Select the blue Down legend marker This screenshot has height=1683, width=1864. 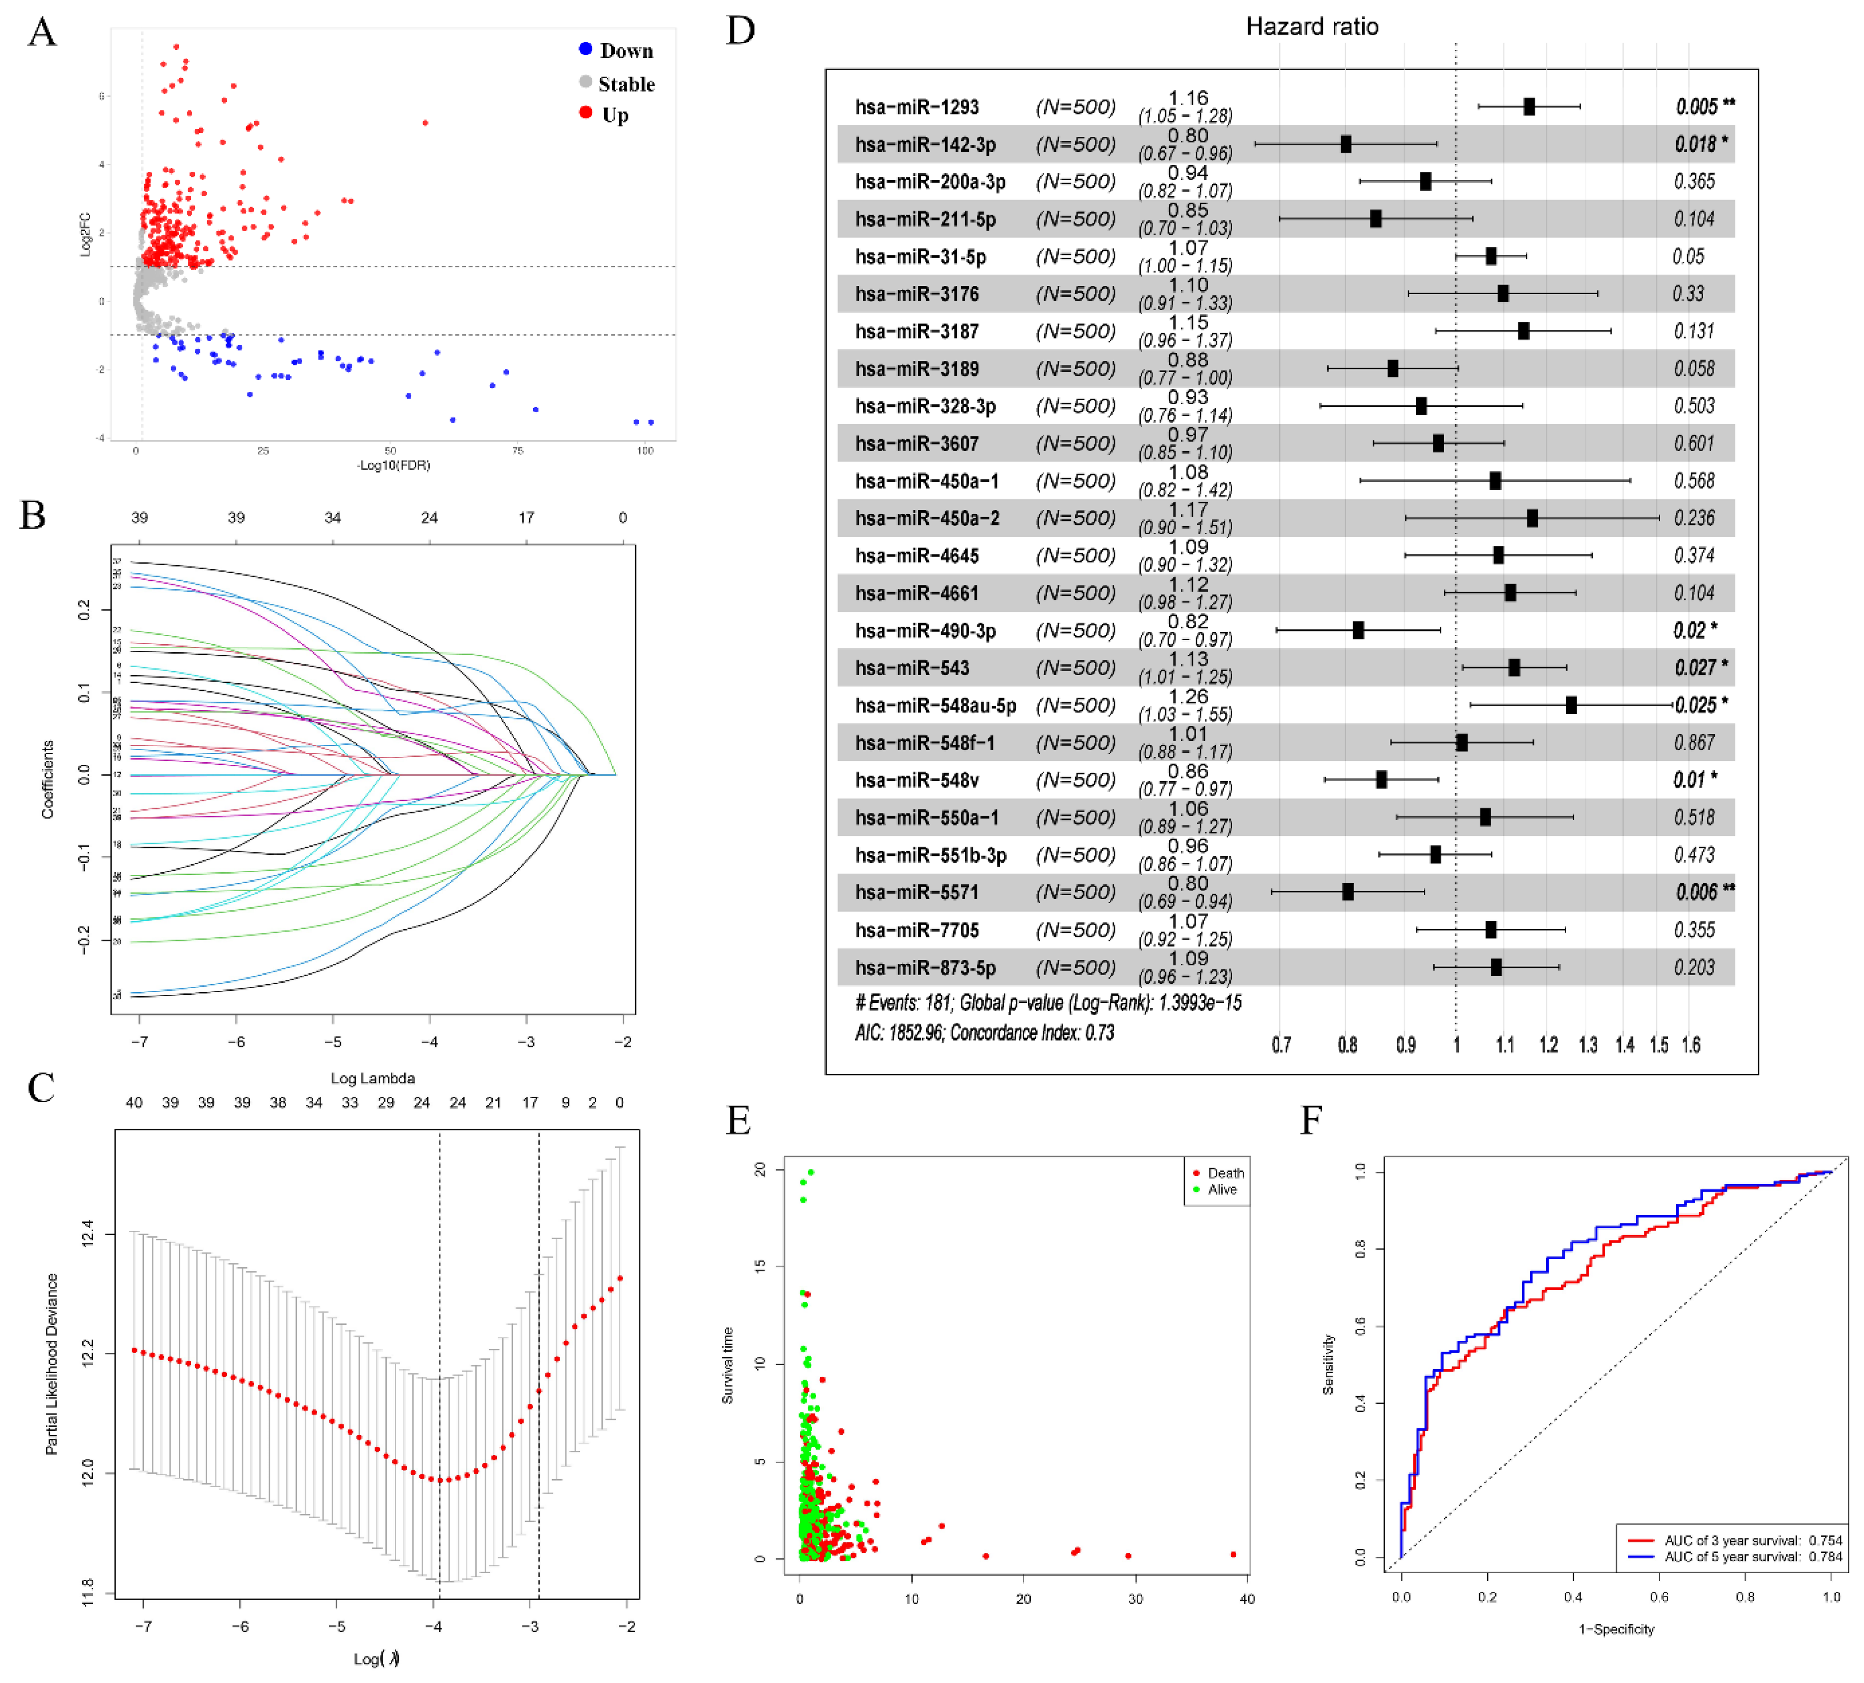click(x=585, y=49)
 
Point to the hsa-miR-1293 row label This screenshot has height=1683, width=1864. click(x=916, y=107)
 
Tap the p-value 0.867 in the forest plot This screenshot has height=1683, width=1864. click(x=1694, y=743)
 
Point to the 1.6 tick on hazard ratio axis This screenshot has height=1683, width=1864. click(x=1690, y=1045)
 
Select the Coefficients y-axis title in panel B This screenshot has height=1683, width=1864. click(x=47, y=779)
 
